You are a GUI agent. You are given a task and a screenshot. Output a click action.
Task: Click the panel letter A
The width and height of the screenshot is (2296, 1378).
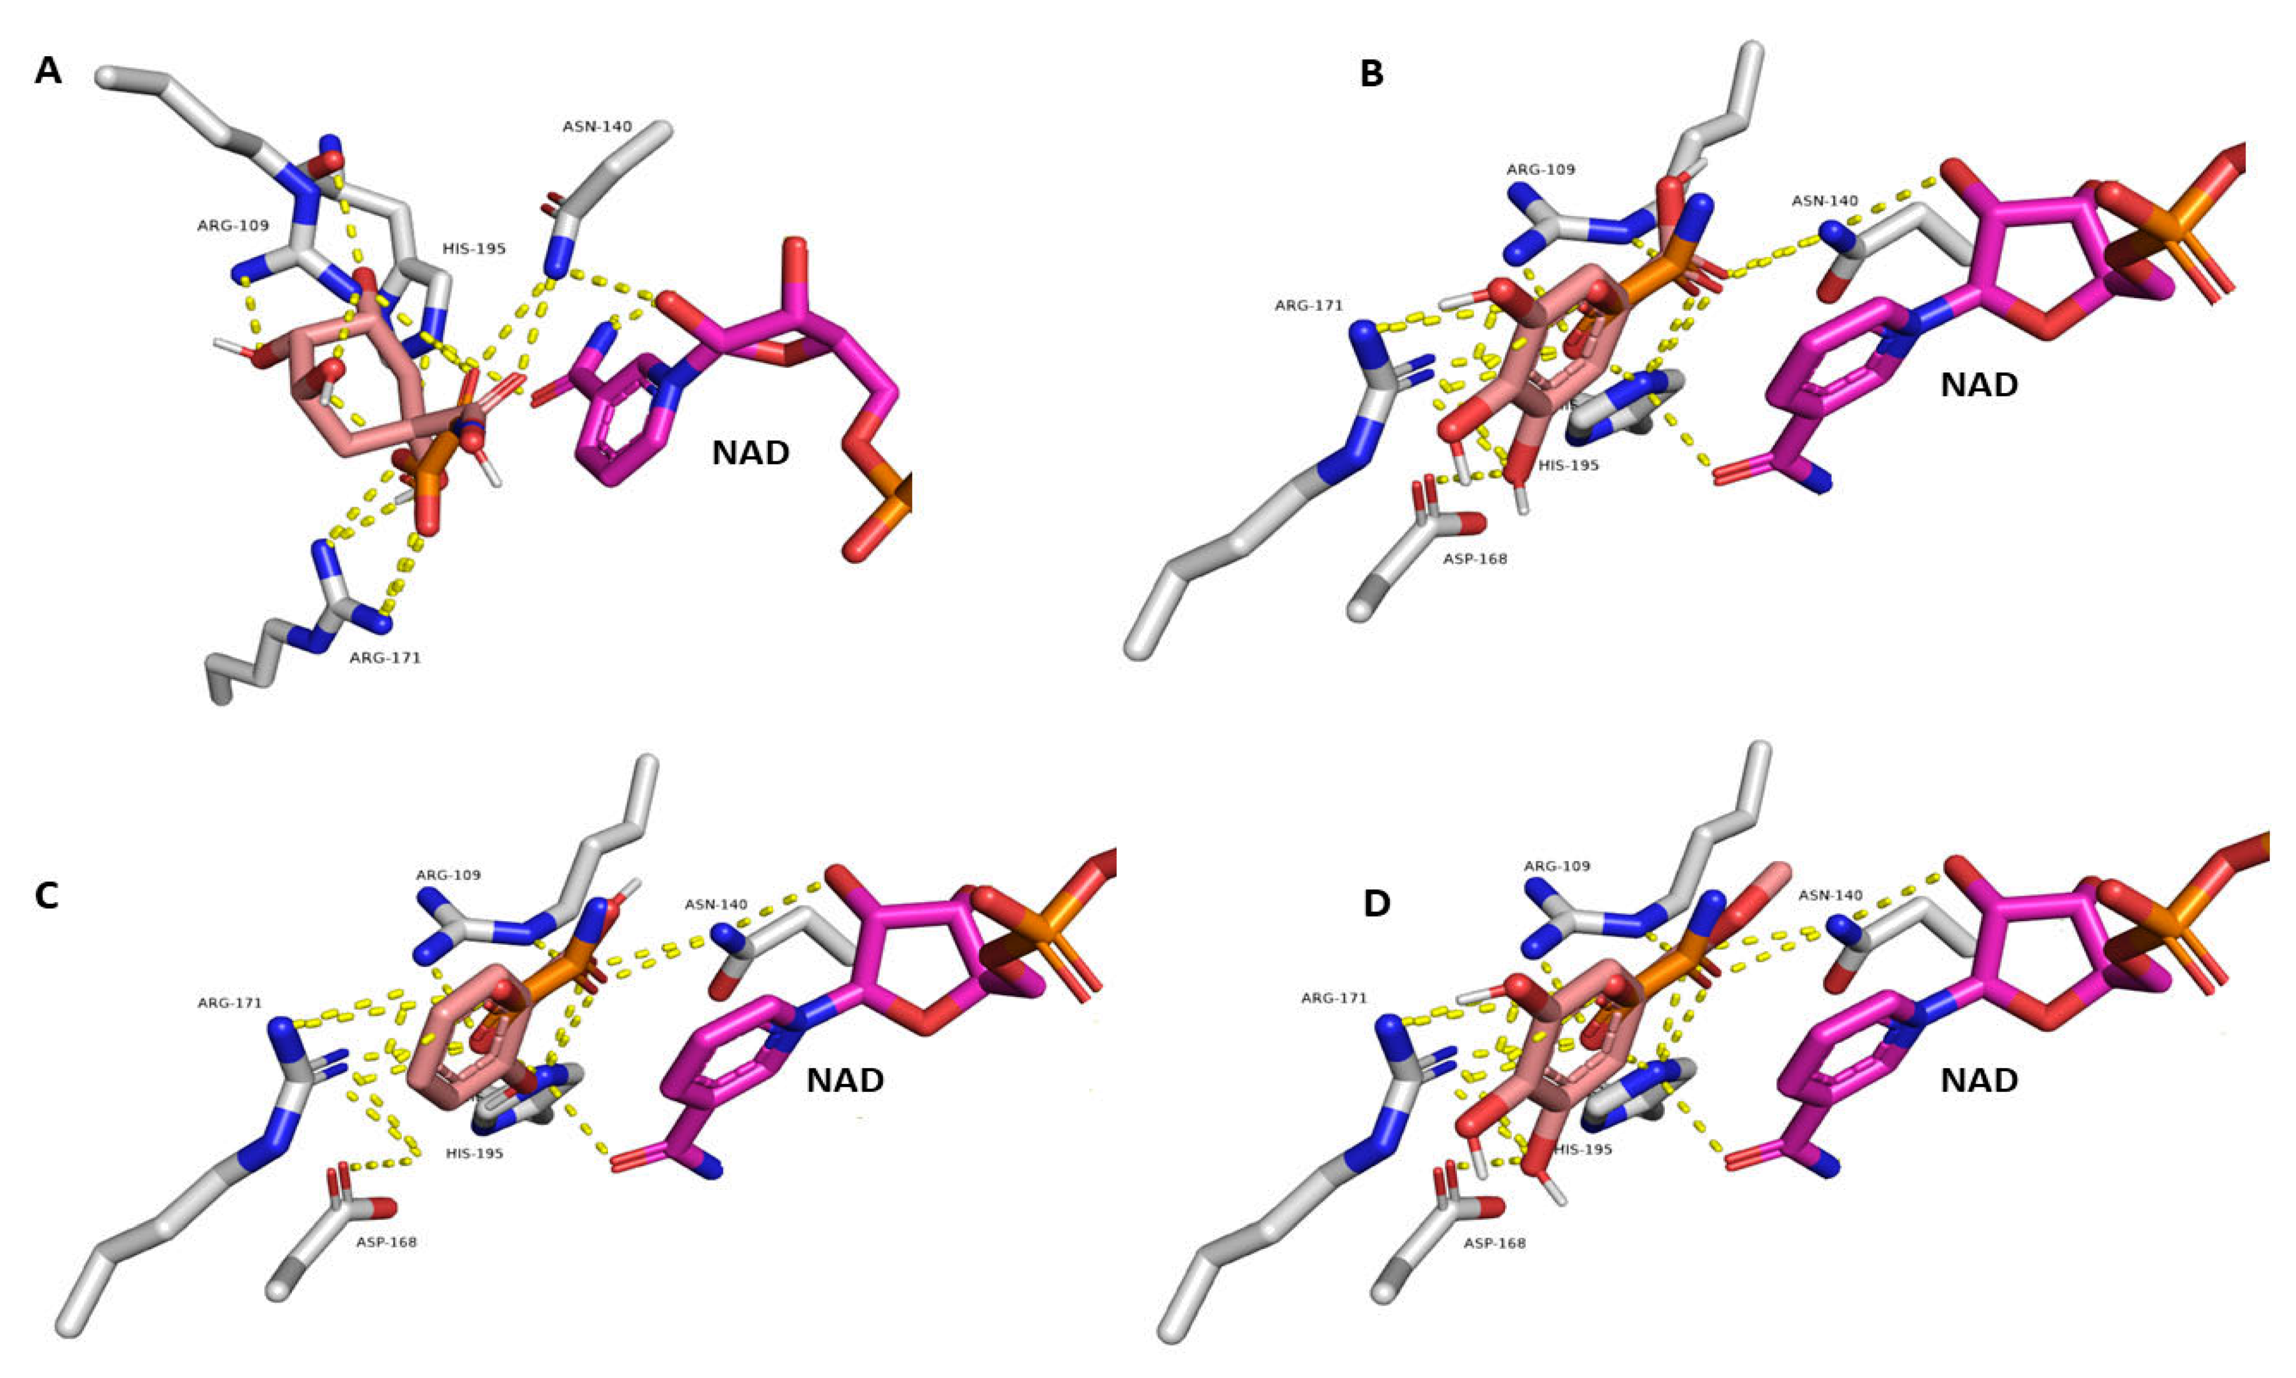pyautogui.click(x=48, y=71)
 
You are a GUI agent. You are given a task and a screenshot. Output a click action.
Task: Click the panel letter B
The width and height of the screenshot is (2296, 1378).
pyautogui.click(x=1371, y=74)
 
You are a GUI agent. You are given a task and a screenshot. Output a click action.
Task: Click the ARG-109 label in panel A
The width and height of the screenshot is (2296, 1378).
pyautogui.click(x=232, y=226)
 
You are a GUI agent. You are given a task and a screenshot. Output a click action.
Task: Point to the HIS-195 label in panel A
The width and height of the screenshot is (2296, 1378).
pyautogui.click(x=474, y=249)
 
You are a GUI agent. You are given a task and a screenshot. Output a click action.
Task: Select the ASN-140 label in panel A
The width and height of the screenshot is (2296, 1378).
pyautogui.click(x=597, y=126)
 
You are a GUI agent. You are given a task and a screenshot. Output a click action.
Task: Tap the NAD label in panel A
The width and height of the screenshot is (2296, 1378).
pyautogui.click(x=750, y=453)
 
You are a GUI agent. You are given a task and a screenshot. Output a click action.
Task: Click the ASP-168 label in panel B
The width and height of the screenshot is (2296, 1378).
pyautogui.click(x=1474, y=559)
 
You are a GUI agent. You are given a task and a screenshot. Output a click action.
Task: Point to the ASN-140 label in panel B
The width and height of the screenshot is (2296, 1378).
pyautogui.click(x=1825, y=200)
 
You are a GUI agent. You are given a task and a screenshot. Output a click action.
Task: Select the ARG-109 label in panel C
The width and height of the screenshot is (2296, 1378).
pyautogui.click(x=448, y=875)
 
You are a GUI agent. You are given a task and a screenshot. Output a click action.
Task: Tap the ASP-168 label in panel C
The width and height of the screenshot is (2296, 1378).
pyautogui.click(x=386, y=1241)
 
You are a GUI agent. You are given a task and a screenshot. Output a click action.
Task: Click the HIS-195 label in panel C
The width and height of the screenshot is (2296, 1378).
pyautogui.click(x=474, y=1153)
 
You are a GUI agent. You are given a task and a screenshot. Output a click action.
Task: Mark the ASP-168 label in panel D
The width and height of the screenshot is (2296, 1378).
pyautogui.click(x=1494, y=1243)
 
